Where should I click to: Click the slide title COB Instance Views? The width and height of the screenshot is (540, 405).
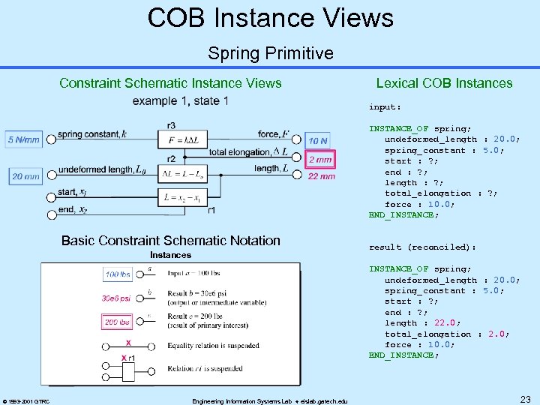click(x=270, y=17)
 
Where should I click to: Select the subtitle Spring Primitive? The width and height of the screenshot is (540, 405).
click(x=270, y=53)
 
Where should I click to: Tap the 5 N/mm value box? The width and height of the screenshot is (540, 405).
click(x=23, y=139)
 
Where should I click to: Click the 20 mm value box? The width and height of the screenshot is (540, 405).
click(x=25, y=176)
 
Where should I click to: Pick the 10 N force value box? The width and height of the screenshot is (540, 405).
click(x=318, y=140)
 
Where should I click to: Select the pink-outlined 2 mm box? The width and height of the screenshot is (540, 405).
click(x=320, y=160)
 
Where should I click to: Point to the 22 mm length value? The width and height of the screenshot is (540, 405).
click(x=322, y=176)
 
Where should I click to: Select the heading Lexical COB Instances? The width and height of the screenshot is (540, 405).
click(x=444, y=83)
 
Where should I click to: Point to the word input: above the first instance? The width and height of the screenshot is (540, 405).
click(x=385, y=106)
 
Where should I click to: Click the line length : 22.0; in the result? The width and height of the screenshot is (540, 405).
click(x=416, y=323)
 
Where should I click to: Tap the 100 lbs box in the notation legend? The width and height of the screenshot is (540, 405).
click(x=118, y=274)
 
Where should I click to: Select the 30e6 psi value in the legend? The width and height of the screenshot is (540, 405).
click(x=115, y=298)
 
